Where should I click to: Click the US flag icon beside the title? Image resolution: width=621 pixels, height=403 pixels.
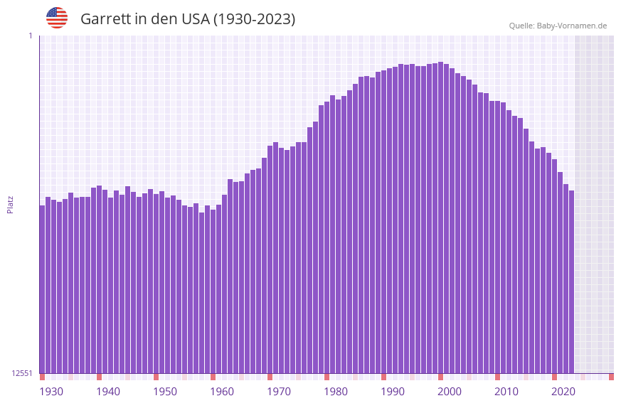57,18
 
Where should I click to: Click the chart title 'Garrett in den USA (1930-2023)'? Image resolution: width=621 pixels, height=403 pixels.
188,19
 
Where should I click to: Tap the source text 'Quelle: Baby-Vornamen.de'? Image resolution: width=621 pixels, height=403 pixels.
558,26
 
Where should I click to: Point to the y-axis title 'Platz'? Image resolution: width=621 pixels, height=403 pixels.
10,204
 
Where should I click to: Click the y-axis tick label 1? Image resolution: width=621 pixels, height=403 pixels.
30,36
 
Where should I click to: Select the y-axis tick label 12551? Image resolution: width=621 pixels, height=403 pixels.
22,373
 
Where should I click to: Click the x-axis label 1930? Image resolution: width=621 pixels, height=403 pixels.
51,392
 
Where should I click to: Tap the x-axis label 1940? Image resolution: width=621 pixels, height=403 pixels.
108,392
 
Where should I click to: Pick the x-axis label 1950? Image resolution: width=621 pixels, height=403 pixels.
165,392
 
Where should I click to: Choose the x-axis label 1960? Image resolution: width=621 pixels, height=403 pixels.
222,392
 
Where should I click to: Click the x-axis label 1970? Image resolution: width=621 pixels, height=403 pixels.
279,392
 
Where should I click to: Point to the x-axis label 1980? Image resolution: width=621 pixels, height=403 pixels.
336,392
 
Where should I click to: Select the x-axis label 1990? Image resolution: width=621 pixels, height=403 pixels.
393,392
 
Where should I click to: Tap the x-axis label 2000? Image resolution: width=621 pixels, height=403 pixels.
450,392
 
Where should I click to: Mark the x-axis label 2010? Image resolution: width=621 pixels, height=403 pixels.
506,392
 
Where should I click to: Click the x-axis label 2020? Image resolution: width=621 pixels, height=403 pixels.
563,392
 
